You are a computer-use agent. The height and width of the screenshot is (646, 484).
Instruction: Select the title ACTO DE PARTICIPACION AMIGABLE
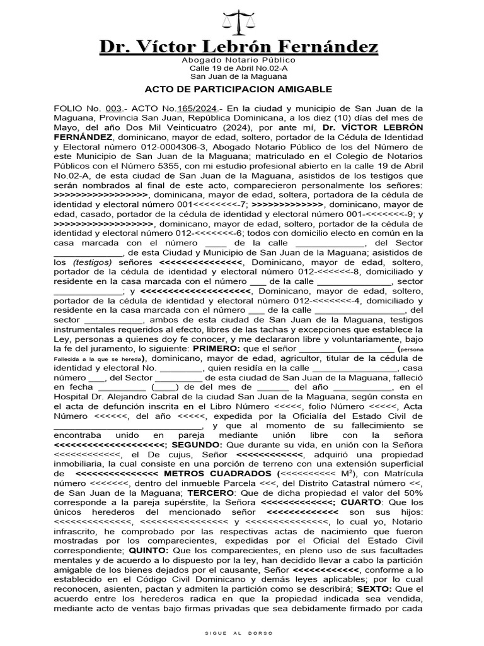click(238, 90)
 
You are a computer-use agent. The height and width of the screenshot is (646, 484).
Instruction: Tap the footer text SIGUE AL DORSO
click(241, 631)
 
